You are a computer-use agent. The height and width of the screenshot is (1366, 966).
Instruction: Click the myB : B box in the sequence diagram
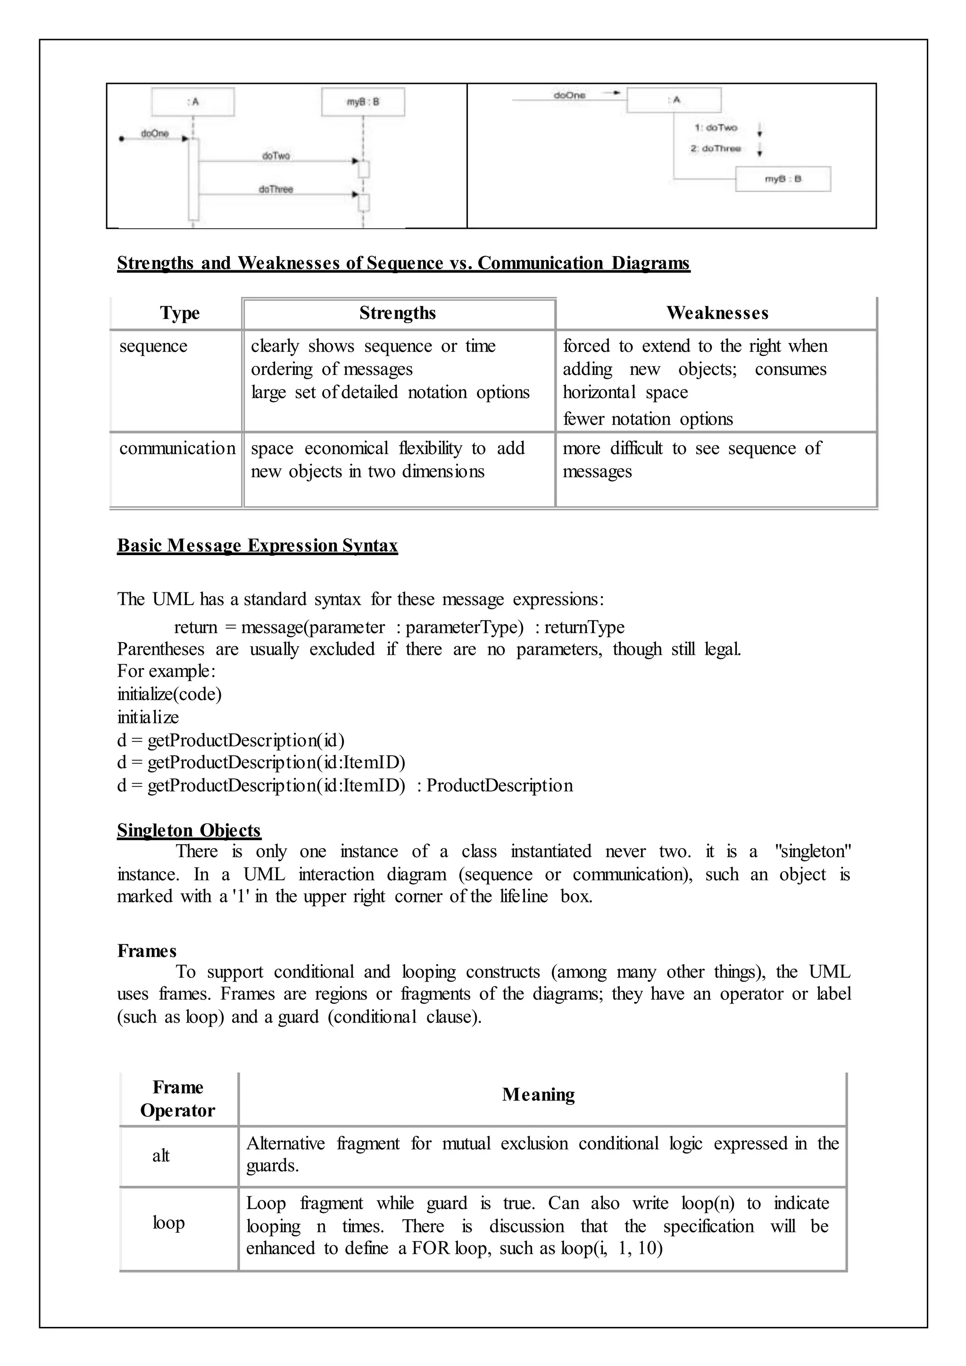pos(363,102)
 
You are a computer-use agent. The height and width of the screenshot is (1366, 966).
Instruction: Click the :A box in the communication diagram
pos(674,100)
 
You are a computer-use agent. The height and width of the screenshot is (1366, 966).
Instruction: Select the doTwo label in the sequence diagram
pos(276,155)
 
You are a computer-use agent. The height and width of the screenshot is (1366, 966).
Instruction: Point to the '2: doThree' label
pos(716,148)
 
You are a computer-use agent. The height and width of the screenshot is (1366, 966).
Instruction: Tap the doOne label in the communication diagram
pos(569,95)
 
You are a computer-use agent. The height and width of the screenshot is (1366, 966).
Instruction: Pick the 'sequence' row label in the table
pos(153,346)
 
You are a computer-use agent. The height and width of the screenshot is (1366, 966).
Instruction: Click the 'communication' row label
pos(177,448)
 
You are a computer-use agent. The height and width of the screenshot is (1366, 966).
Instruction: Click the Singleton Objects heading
pos(189,830)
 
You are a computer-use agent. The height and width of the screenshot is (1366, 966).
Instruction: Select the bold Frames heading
pos(147,951)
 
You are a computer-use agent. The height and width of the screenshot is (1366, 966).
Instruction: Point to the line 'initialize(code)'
pos(169,694)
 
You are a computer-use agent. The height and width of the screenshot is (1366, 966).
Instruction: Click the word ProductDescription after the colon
pos(500,785)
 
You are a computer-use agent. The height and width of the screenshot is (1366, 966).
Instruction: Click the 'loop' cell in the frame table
pos(168,1222)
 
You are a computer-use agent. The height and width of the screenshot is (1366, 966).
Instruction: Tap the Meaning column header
pos(538,1095)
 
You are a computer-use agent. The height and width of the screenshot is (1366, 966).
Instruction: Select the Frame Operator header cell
pos(178,1098)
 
